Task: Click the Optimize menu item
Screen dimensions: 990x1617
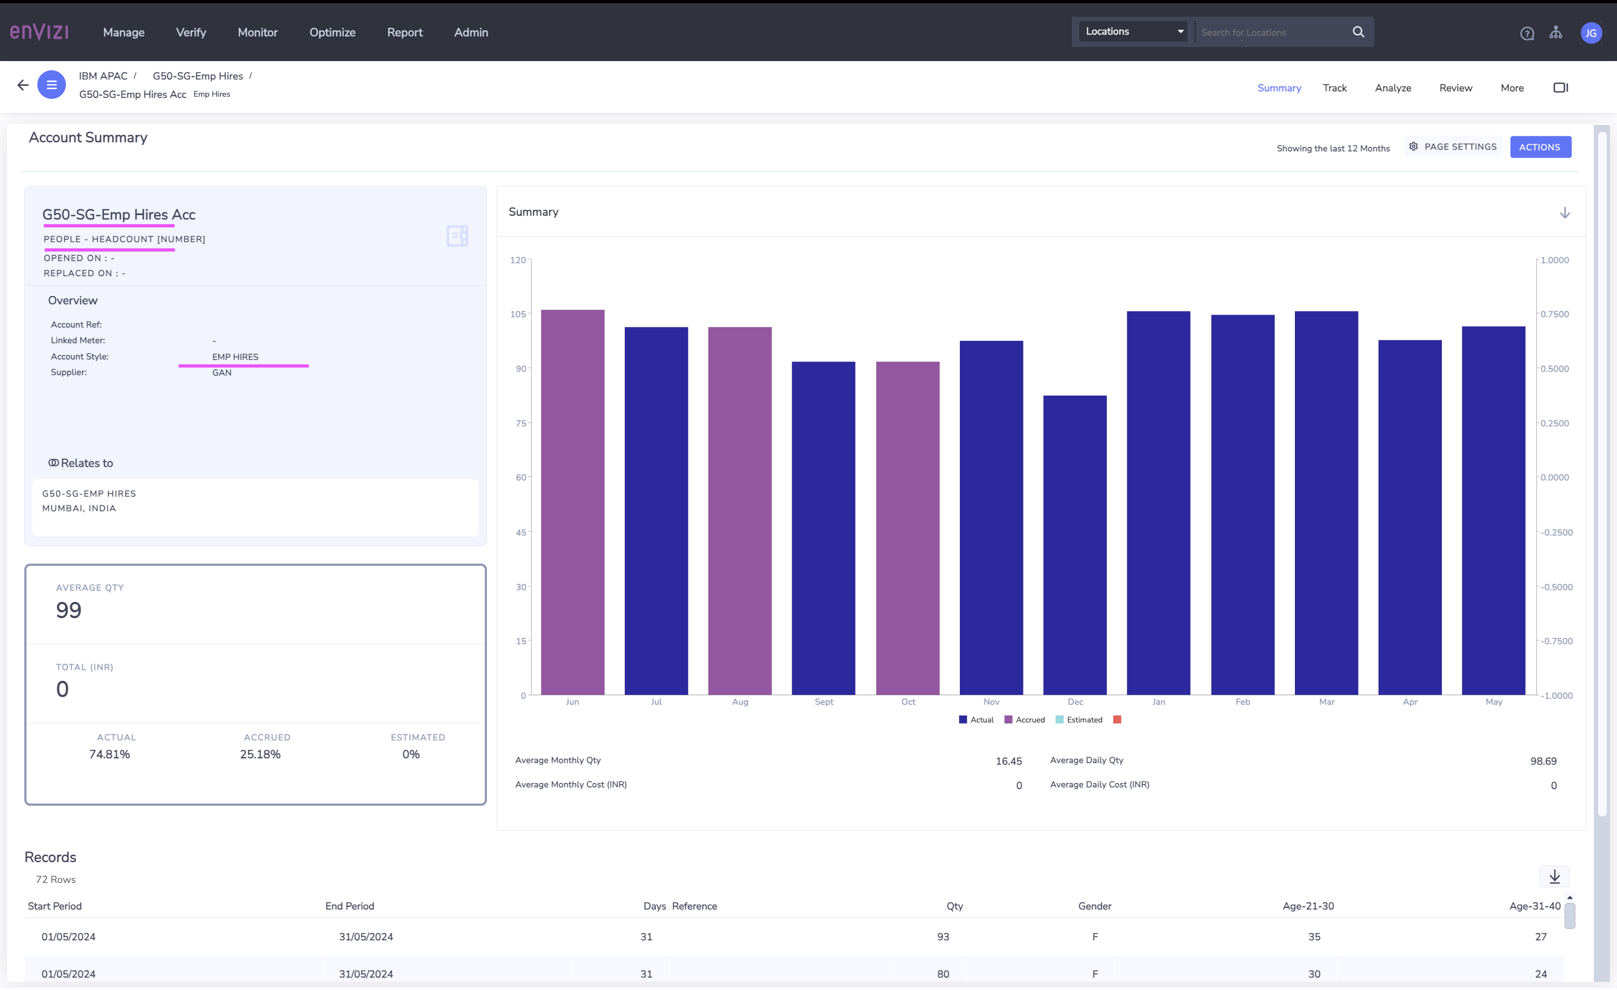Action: [332, 32]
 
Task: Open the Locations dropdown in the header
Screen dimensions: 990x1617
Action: [1133, 31]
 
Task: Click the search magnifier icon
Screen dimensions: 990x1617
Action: [1358, 31]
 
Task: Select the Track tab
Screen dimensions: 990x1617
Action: [1334, 88]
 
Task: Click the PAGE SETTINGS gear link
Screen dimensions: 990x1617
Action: [1453, 147]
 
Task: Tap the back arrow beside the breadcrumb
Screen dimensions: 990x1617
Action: [23, 85]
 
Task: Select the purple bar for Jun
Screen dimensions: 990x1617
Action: [572, 502]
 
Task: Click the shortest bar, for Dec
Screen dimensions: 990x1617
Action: [1075, 545]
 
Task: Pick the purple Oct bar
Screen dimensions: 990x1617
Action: [907, 528]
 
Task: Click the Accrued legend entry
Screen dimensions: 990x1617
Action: [1025, 720]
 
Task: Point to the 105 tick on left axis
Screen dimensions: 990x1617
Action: [518, 315]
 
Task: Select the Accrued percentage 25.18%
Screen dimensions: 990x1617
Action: [260, 754]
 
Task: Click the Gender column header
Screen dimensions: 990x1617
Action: [1094, 907]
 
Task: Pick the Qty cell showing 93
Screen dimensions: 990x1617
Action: [943, 938]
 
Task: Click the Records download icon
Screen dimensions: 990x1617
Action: [1554, 877]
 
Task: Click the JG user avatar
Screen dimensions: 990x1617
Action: [1591, 33]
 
